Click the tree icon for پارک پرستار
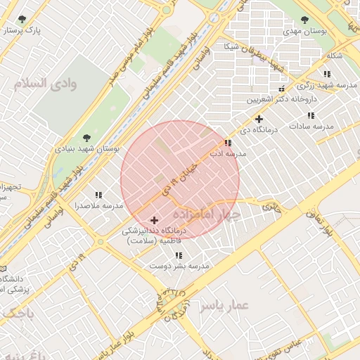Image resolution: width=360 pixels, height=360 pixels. click(x=23, y=19)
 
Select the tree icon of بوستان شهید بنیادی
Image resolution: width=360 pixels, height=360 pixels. click(x=86, y=138)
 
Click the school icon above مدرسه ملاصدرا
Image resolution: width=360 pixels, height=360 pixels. click(x=98, y=195)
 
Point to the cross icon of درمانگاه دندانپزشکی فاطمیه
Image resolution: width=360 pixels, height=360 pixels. click(x=154, y=220)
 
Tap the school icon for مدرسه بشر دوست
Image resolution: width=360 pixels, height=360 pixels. click(x=179, y=255)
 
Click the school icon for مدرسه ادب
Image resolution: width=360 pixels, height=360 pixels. click(x=228, y=143)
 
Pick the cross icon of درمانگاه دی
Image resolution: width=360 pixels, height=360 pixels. click(x=259, y=119)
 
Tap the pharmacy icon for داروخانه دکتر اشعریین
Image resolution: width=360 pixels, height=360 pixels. click(x=282, y=89)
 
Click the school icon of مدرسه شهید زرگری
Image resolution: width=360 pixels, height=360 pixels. click(x=327, y=74)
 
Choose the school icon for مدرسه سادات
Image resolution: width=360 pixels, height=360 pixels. click(x=311, y=115)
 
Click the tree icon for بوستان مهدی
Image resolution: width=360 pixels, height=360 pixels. click(x=304, y=20)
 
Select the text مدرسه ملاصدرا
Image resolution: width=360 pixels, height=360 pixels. click(x=98, y=206)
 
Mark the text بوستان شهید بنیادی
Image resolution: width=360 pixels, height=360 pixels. click(x=88, y=150)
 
